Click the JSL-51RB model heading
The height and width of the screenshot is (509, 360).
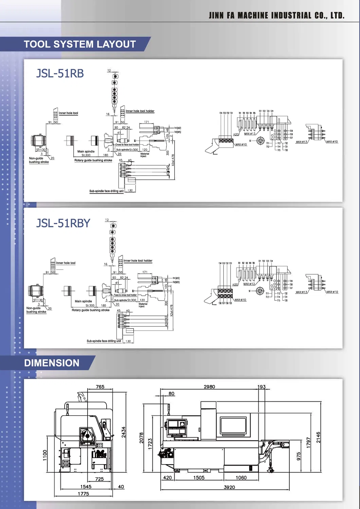[60, 73]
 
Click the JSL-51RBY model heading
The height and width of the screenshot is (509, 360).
[63, 223]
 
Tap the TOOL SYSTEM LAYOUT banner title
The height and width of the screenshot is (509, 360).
[80, 44]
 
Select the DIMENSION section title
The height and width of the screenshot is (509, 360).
[52, 363]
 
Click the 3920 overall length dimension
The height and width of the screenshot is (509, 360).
[229, 487]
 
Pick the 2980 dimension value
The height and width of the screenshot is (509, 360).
[209, 386]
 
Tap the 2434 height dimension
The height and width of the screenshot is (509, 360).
[124, 432]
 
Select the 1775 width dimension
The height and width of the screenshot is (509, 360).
[83, 494]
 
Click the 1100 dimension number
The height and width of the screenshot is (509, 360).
[45, 455]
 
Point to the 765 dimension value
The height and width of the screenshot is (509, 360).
[100, 386]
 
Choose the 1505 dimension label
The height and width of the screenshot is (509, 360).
[199, 477]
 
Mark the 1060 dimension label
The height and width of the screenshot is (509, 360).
[241, 477]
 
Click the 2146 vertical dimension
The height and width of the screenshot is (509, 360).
[318, 437]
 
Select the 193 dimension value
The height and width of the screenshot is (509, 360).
[262, 386]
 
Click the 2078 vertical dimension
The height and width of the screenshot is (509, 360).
[142, 438]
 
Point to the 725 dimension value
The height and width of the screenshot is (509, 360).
[100, 479]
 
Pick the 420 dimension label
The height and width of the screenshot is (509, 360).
[167, 477]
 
